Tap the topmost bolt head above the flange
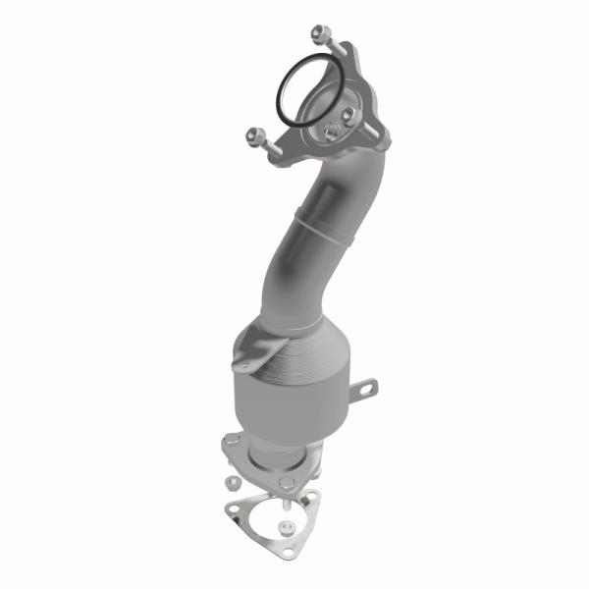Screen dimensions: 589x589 pyautogui.click(x=325, y=32)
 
